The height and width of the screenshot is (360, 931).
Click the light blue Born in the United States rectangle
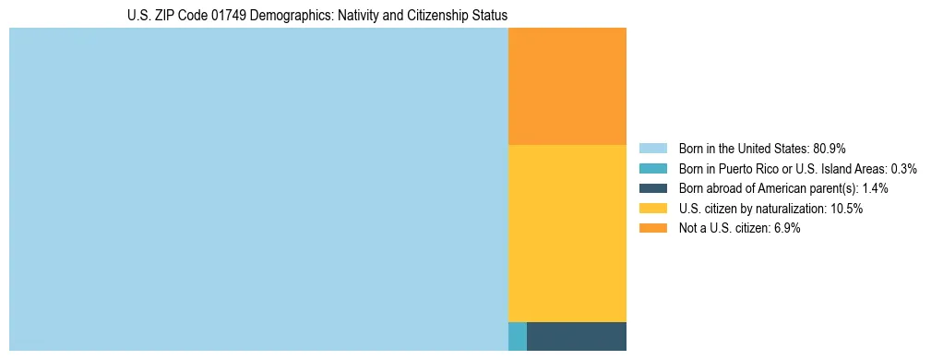pyautogui.click(x=258, y=189)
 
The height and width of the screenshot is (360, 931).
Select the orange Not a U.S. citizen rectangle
pyautogui.click(x=567, y=86)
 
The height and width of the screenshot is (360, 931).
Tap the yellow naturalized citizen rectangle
pyautogui.click(x=567, y=233)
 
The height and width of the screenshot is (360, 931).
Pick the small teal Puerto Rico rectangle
pyautogui.click(x=517, y=336)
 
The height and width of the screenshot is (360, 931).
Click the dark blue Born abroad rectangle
pyautogui.click(x=577, y=336)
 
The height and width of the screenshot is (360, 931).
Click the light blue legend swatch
pyautogui.click(x=652, y=148)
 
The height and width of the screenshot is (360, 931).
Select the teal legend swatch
pyautogui.click(x=652, y=168)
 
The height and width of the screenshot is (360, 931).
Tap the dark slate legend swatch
pyautogui.click(x=652, y=188)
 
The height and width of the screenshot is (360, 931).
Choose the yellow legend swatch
pyautogui.click(x=652, y=209)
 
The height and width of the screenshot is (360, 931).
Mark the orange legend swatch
pyautogui.click(x=652, y=229)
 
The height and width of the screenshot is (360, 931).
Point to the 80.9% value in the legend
pyautogui.click(x=830, y=148)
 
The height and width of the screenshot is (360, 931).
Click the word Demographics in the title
pyautogui.click(x=277, y=16)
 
